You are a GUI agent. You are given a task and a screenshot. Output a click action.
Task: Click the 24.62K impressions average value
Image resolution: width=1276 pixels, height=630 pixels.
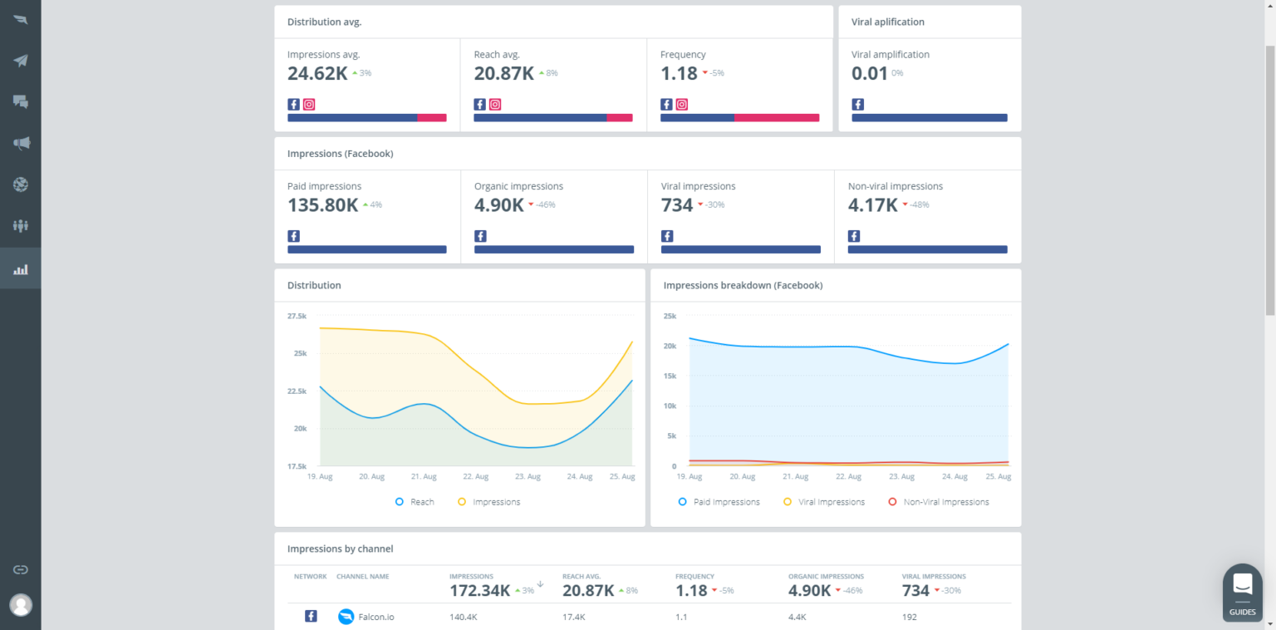point(317,73)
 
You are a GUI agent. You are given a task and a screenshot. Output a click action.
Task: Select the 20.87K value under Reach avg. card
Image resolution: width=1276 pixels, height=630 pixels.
point(503,73)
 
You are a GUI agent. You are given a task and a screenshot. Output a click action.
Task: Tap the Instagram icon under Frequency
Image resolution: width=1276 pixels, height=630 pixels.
point(682,105)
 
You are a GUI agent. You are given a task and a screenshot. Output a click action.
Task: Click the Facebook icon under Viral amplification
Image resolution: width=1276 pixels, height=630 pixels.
point(858,105)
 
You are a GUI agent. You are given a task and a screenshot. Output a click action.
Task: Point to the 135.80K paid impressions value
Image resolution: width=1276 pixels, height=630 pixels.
point(322,205)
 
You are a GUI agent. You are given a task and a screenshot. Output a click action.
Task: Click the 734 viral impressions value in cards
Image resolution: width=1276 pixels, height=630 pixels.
point(677,205)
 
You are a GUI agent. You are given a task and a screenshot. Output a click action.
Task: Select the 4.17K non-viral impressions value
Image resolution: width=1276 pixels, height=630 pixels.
point(872,205)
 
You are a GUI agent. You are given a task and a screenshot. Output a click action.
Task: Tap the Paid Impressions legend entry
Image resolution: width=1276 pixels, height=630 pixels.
point(719,502)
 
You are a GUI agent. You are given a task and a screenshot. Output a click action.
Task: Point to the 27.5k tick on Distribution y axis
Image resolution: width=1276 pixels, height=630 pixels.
point(297,317)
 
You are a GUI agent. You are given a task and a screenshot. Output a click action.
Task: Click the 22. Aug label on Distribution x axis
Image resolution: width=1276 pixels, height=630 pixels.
point(475,477)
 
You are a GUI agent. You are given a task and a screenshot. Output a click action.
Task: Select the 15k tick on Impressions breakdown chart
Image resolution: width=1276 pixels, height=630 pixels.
point(670,377)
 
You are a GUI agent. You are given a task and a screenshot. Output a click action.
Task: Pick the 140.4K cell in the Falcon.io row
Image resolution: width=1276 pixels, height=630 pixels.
point(463,617)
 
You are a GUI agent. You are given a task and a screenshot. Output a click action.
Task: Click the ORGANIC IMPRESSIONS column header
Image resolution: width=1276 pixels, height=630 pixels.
point(826,576)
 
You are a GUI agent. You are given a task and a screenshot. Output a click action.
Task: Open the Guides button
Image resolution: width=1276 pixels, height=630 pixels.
point(1243,593)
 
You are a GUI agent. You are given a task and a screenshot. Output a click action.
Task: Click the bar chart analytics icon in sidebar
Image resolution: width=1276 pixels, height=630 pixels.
point(21,269)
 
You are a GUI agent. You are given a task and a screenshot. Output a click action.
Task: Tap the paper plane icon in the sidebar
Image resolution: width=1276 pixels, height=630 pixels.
point(21,61)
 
